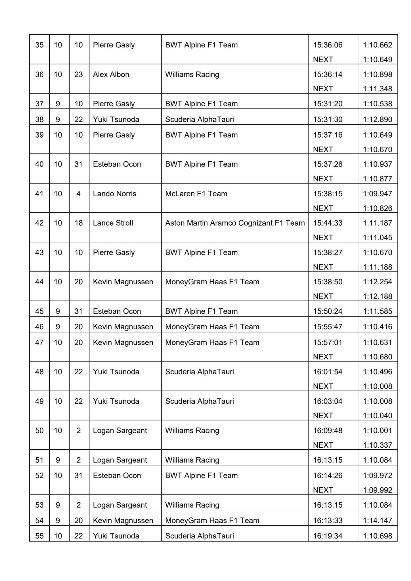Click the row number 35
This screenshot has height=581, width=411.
[x=39, y=45]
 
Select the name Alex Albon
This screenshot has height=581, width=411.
[x=111, y=75]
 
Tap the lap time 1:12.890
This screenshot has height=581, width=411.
[x=378, y=119]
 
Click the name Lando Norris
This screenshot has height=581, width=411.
[x=115, y=194]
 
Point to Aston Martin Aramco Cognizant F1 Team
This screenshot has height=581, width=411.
[x=235, y=223]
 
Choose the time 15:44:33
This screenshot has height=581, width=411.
[x=328, y=223]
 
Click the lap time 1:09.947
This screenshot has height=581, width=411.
[x=378, y=194]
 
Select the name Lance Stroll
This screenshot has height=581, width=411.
[x=113, y=223]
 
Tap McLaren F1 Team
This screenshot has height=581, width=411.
[x=196, y=194]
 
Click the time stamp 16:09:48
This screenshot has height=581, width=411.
[x=328, y=431]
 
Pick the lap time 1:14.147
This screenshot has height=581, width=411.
[x=378, y=521]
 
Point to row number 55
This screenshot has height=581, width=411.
[x=39, y=536]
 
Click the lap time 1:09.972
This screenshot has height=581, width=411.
[x=378, y=475]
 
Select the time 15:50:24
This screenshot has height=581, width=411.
[x=328, y=311]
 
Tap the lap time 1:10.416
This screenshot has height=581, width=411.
[x=378, y=327]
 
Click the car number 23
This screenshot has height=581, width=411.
[x=79, y=75]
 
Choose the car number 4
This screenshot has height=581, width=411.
[x=79, y=194]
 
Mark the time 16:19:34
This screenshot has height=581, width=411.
[x=328, y=536]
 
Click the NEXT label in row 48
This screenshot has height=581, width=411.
[x=323, y=386]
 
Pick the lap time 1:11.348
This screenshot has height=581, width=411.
[x=378, y=89]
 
